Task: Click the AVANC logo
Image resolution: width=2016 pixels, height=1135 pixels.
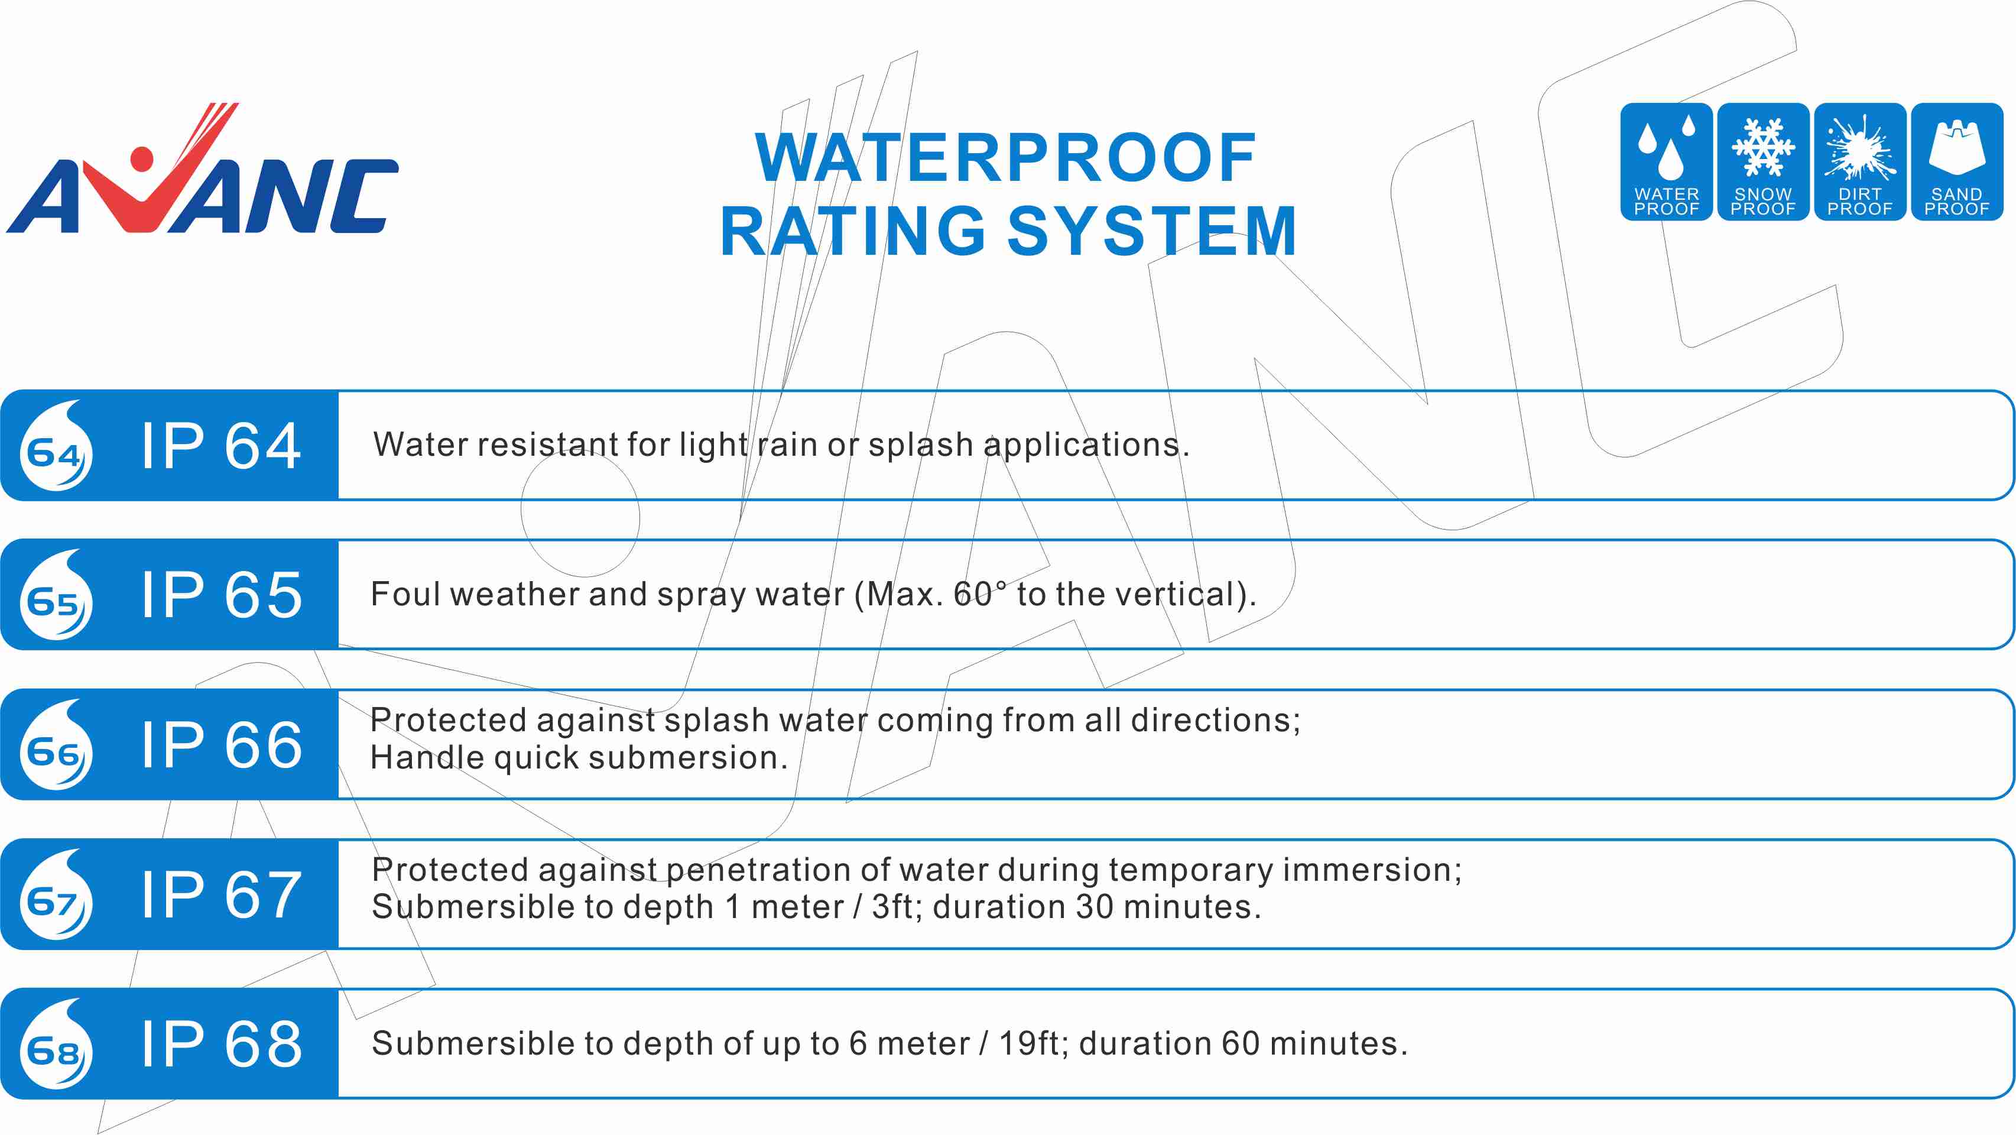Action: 202,168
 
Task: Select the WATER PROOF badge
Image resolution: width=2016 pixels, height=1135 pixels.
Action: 1666,161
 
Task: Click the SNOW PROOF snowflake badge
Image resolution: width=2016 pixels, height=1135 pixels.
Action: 1763,161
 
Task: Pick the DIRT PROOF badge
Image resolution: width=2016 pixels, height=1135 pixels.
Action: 1860,161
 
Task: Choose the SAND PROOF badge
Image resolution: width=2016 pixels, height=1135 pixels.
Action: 1956,161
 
